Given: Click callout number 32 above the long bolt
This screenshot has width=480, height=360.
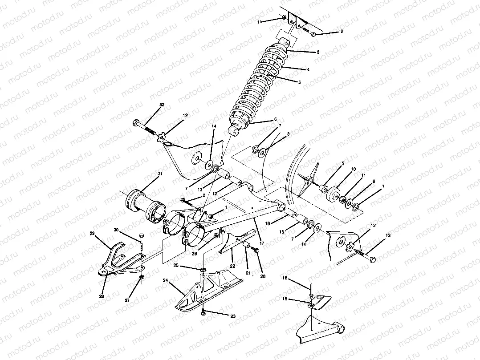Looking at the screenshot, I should [x=162, y=105].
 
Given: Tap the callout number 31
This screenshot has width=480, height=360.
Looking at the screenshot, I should [x=160, y=174].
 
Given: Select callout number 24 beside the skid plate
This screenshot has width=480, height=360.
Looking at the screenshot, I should [x=166, y=281].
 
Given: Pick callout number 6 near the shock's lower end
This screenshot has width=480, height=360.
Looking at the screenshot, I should [x=276, y=119].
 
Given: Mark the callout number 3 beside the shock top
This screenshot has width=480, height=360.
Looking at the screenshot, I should [x=318, y=52].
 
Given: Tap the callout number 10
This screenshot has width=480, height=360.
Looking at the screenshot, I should [x=354, y=169].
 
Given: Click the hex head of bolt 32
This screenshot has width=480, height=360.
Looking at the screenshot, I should [x=136, y=122].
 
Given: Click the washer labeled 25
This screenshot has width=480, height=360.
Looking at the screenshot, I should [x=203, y=270].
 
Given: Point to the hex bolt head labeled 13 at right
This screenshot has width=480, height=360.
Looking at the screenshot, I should [x=372, y=259].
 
